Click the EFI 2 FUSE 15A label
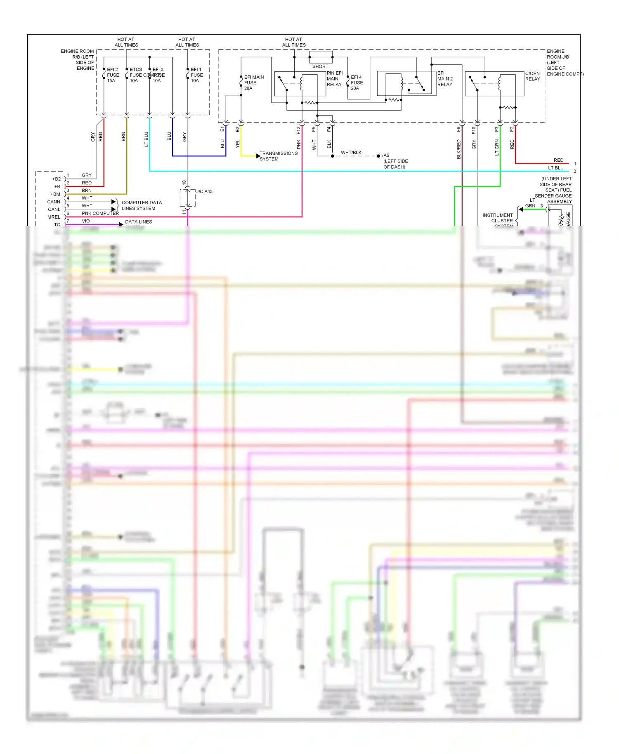click(x=113, y=75)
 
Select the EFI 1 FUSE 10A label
click(x=196, y=75)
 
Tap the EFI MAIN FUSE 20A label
click(x=253, y=82)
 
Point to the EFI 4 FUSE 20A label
click(x=357, y=82)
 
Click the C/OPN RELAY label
click(x=532, y=76)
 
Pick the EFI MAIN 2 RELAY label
click(x=444, y=79)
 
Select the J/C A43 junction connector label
click(x=204, y=191)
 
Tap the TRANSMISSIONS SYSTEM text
click(x=278, y=156)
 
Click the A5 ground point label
click(x=386, y=156)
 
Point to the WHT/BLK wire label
click(x=351, y=153)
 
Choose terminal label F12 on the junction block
click(x=298, y=130)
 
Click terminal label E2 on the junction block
click(x=237, y=129)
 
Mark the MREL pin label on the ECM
click(x=54, y=217)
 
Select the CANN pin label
click(x=54, y=202)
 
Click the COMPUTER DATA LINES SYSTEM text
click(x=142, y=205)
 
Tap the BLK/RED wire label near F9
click(x=458, y=149)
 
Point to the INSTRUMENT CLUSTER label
click(x=498, y=218)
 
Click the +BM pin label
click(x=55, y=194)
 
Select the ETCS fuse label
click(x=136, y=70)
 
